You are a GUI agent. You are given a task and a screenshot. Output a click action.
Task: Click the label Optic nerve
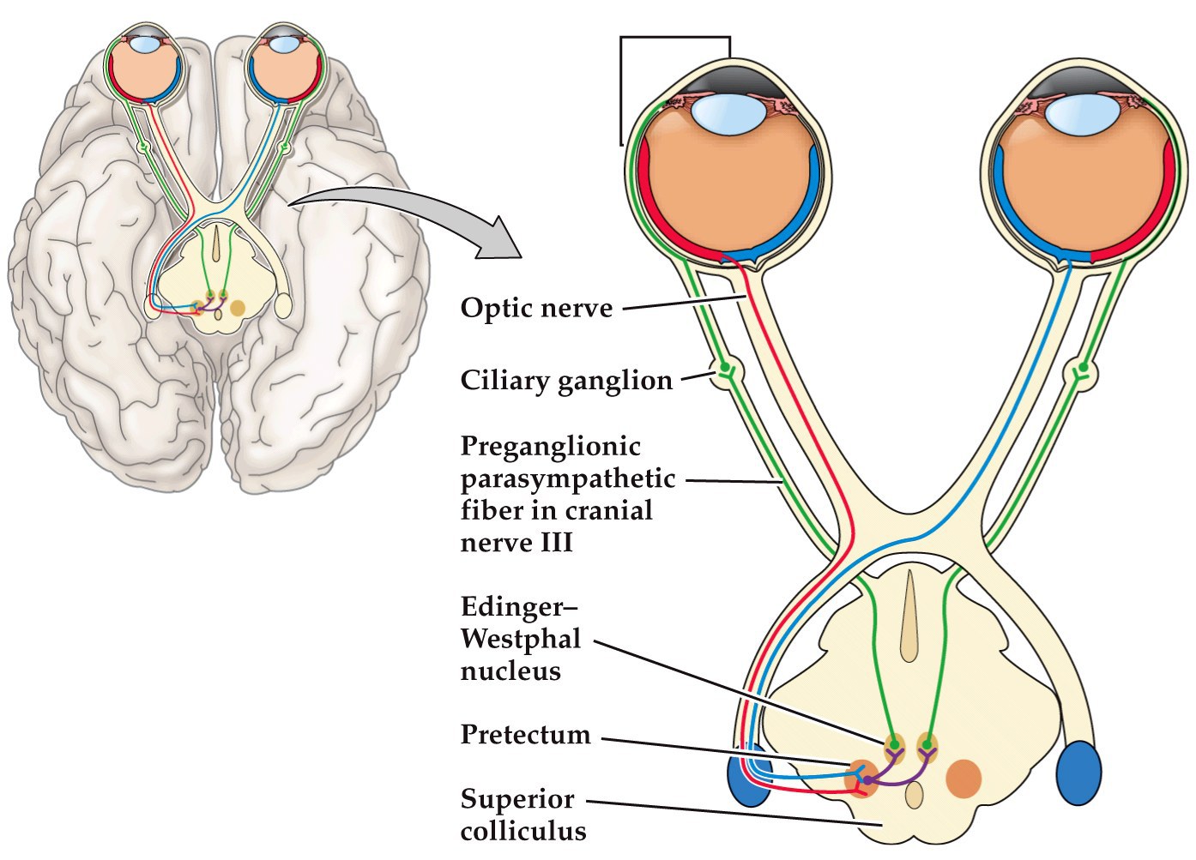tap(536, 308)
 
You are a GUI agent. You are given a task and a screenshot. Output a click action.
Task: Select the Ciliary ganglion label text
tap(566, 381)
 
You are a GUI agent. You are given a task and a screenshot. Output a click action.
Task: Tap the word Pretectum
tap(525, 735)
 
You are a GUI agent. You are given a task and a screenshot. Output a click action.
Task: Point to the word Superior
tap(516, 799)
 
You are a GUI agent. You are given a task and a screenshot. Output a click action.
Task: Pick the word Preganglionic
tap(550, 446)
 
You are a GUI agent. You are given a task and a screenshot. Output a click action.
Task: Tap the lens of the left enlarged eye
tap(722, 113)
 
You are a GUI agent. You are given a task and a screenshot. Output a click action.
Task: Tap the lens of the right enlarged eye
tap(1080, 113)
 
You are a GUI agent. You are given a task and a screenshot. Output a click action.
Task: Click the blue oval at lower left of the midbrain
tap(748, 779)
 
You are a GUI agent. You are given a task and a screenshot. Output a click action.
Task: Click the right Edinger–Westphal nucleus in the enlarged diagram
tap(926, 743)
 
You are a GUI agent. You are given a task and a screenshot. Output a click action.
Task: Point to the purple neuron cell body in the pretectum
tap(868, 780)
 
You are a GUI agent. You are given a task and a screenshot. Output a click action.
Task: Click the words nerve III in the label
tap(516, 544)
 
